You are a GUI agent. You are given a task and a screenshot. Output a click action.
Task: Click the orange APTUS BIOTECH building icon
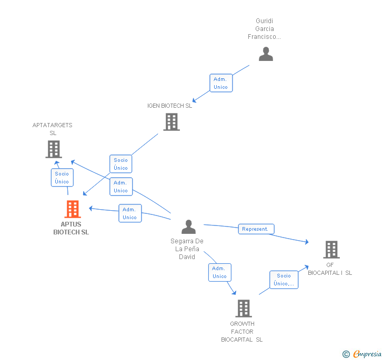(73, 209)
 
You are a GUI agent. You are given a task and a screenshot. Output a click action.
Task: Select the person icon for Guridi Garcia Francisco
(266, 54)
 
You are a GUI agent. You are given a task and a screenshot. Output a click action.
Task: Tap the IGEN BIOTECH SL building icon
(171, 122)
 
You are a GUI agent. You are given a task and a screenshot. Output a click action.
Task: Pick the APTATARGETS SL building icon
(53, 149)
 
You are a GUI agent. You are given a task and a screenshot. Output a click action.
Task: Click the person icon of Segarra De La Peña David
(188, 227)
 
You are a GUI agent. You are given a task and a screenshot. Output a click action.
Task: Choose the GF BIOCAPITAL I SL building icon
(331, 250)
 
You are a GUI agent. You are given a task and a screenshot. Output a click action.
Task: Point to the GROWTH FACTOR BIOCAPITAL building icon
(243, 308)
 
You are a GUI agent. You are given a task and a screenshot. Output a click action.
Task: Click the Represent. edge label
(256, 229)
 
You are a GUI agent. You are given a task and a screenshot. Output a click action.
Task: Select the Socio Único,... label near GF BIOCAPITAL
(284, 280)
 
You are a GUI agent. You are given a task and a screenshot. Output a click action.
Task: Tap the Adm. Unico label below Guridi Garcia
(221, 83)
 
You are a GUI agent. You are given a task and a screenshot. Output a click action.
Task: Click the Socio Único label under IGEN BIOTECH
(121, 164)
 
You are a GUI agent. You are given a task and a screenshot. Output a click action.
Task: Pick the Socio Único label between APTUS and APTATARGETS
(62, 178)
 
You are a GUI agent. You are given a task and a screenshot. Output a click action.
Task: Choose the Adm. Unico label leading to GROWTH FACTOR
(220, 272)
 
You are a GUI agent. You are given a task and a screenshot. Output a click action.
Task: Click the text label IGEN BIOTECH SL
(169, 106)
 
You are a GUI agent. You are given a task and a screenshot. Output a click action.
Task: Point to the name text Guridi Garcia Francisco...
(265, 29)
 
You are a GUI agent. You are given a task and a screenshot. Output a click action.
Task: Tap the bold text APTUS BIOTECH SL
(71, 228)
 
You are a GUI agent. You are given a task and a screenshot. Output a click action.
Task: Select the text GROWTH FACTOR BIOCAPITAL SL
(242, 332)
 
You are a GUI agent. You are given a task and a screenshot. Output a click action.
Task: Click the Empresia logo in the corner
(367, 354)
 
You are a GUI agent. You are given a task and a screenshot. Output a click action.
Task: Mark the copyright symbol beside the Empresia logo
(346, 354)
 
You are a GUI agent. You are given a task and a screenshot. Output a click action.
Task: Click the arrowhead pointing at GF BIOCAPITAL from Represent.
(307, 242)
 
